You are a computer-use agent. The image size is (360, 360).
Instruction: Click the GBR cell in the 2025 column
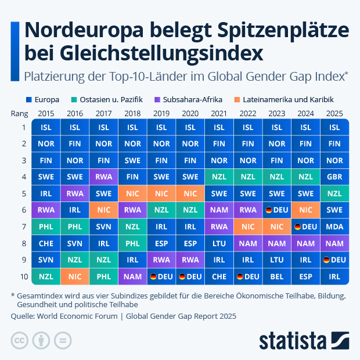click(x=334, y=177)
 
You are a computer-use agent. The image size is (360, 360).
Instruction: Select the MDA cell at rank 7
click(x=334, y=226)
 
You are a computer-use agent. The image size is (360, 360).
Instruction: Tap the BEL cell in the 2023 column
click(x=277, y=277)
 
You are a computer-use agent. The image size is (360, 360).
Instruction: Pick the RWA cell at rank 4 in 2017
click(x=104, y=177)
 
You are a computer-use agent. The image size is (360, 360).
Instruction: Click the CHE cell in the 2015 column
click(x=46, y=244)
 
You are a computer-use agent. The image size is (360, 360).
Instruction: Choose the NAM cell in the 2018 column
click(x=132, y=277)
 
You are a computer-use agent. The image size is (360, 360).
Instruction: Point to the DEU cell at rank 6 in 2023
click(x=277, y=210)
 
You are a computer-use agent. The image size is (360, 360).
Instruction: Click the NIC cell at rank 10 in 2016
click(x=75, y=277)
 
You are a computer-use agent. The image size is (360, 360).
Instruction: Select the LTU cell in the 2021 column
click(x=219, y=244)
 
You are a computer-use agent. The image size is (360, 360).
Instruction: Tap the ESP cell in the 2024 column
click(x=305, y=277)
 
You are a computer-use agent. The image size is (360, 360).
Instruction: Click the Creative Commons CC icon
click(x=20, y=340)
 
